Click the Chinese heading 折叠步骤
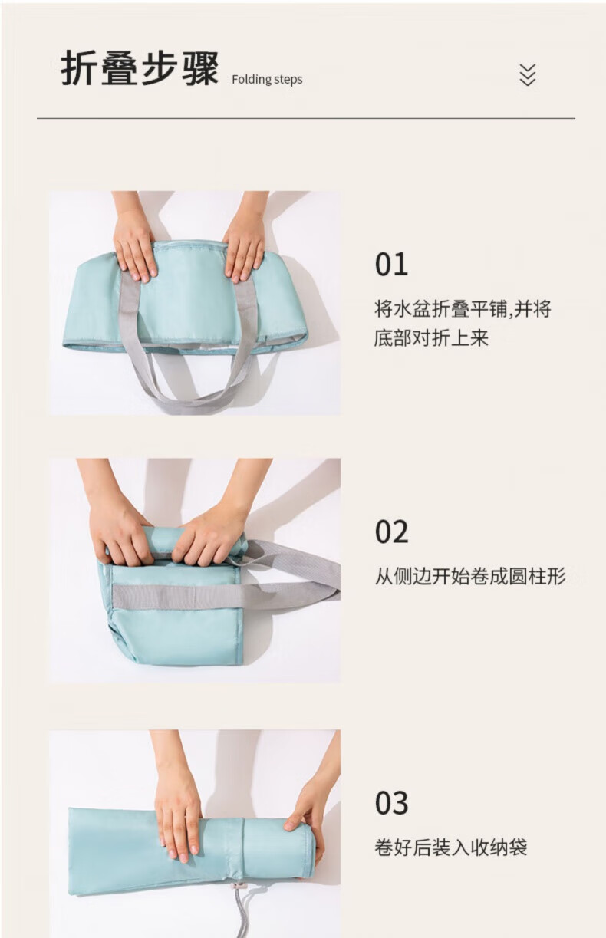click(x=140, y=69)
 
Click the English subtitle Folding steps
click(x=267, y=79)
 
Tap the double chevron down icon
click(x=527, y=75)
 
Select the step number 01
click(x=391, y=265)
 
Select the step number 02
click(x=391, y=532)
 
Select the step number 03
click(x=391, y=803)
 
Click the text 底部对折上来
click(x=431, y=337)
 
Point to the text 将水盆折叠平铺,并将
click(x=463, y=309)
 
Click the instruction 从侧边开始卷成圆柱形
click(x=470, y=576)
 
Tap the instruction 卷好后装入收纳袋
click(x=450, y=847)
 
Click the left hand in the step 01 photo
click(x=133, y=243)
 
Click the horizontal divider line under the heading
click(x=306, y=119)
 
